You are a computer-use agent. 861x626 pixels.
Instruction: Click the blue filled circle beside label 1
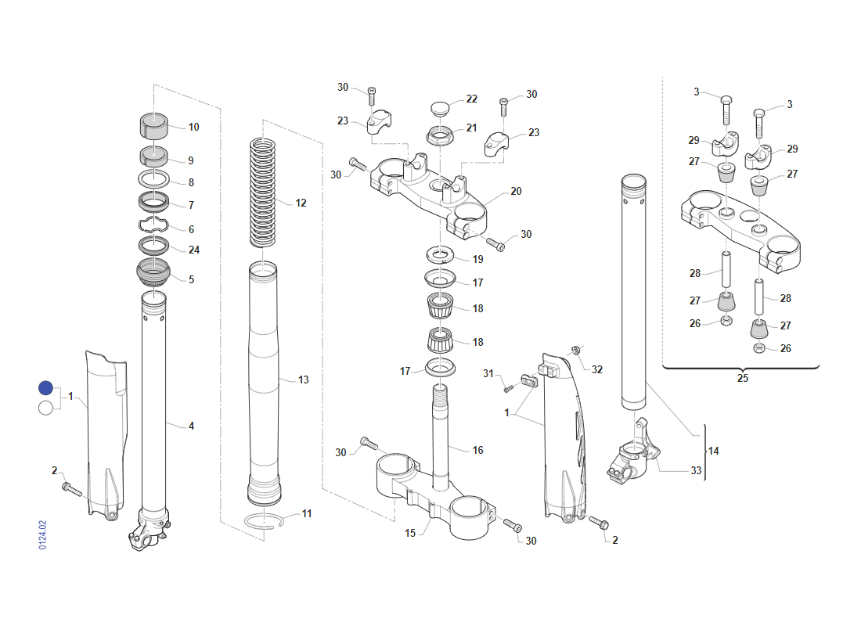click(45, 387)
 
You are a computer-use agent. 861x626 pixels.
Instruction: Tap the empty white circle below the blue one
click(45, 408)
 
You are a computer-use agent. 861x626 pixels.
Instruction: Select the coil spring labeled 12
click(262, 192)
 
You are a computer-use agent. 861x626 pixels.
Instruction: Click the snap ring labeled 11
click(264, 521)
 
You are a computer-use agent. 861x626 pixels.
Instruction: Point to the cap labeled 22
click(440, 108)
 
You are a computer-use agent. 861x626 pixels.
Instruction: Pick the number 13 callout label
click(304, 380)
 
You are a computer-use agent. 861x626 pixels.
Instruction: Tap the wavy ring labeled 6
click(153, 225)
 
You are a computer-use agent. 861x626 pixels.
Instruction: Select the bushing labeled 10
click(153, 126)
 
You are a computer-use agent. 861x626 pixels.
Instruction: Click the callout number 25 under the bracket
click(742, 378)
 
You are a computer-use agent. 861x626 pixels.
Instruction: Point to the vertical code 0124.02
click(43, 535)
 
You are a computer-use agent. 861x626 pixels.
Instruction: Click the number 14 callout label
click(713, 451)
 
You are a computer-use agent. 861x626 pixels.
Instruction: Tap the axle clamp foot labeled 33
click(632, 452)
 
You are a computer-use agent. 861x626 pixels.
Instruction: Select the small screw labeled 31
click(508, 388)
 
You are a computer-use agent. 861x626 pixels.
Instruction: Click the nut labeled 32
click(576, 350)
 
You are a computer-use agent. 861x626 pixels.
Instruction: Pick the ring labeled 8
click(153, 178)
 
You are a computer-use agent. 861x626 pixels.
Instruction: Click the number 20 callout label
click(516, 191)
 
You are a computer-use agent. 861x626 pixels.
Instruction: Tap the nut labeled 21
click(440, 135)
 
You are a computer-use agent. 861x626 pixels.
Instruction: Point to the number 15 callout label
click(410, 533)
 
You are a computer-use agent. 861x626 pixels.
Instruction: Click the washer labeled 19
click(440, 255)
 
